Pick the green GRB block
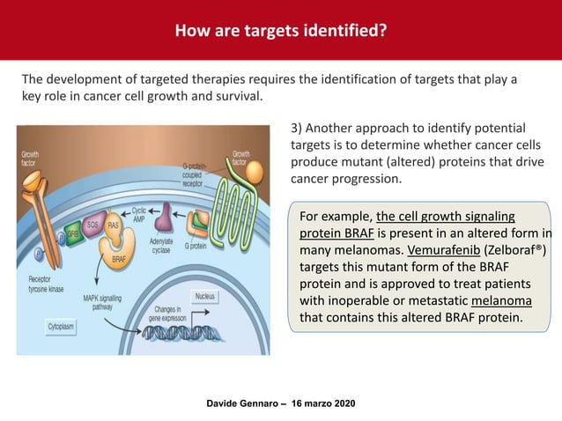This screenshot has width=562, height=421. coord(72,235)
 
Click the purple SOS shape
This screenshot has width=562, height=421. coord(92,227)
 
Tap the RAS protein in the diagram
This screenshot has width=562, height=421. coord(114,226)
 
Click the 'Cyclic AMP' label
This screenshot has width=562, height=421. coord(138,214)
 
